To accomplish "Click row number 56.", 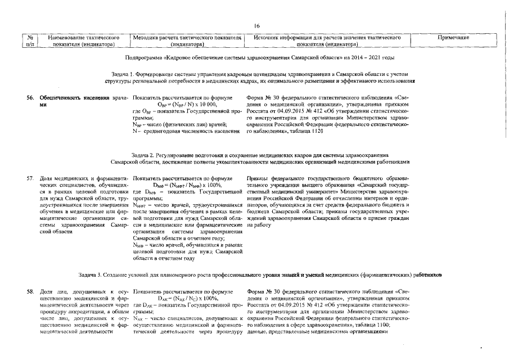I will click(x=31, y=98).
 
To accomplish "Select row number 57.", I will click(x=31, y=178).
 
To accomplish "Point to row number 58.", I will click(x=31, y=291).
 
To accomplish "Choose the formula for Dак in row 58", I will click(x=187, y=298).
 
